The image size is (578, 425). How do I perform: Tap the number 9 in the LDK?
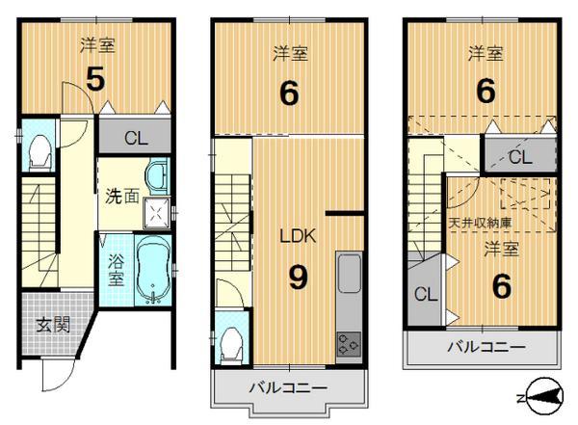pyautogui.click(x=298, y=279)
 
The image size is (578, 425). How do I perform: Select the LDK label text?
pyautogui.click(x=297, y=235)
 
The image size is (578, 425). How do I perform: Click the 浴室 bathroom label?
pyautogui.click(x=115, y=269)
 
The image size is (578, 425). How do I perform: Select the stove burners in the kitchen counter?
pyautogui.click(x=347, y=341)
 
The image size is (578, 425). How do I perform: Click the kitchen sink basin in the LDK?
pyautogui.click(x=348, y=269)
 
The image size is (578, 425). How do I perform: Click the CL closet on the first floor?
pyautogui.click(x=135, y=138)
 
